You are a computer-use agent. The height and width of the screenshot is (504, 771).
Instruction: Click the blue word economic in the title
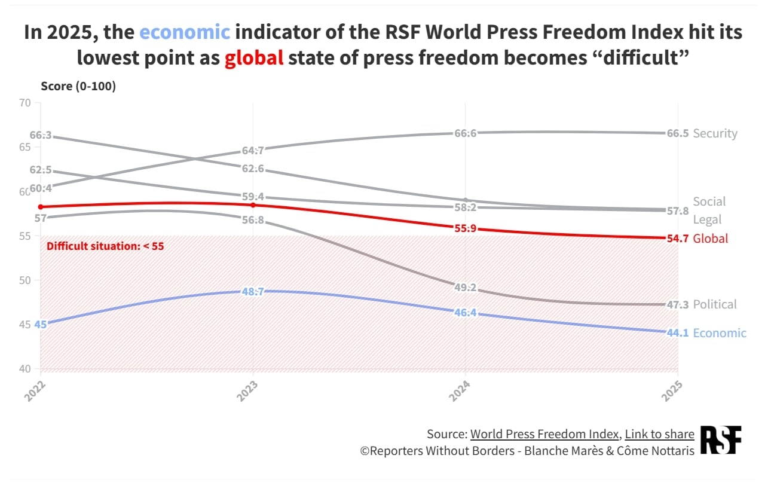(x=185, y=32)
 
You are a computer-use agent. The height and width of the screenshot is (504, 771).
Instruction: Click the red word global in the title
(x=254, y=59)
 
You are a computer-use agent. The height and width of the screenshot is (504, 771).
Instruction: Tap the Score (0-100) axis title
(x=78, y=86)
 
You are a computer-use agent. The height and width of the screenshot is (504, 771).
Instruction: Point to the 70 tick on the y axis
(x=25, y=103)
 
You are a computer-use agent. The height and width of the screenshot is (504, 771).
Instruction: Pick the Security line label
(x=715, y=133)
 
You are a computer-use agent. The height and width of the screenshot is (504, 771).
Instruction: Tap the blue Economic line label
(x=720, y=333)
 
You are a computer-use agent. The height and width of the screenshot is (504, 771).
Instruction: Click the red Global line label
(x=711, y=239)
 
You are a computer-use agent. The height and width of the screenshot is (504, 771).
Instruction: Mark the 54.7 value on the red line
(x=678, y=239)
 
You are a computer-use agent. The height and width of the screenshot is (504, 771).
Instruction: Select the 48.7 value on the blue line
(x=253, y=292)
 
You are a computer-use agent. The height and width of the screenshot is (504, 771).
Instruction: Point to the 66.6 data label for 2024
(x=466, y=133)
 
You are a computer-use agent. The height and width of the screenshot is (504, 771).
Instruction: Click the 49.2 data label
(x=466, y=288)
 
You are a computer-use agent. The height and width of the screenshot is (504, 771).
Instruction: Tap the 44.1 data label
(x=678, y=333)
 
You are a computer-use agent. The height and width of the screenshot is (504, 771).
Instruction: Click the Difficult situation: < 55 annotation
(x=105, y=246)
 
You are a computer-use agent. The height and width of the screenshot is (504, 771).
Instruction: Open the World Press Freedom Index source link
(x=544, y=434)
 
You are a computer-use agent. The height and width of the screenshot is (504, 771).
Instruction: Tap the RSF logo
(x=720, y=440)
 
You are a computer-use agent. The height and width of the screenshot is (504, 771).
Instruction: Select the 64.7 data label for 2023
(x=253, y=151)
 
